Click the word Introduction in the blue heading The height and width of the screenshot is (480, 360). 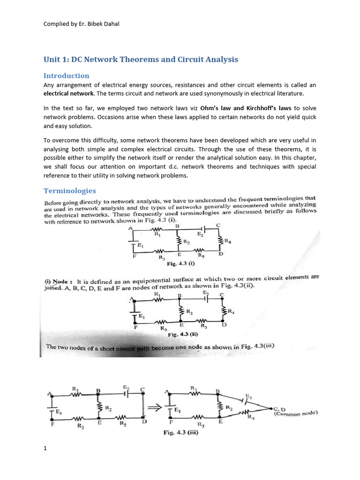(x=66, y=75)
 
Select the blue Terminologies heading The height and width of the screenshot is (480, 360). (x=70, y=191)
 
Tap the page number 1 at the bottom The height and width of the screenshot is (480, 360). (x=45, y=449)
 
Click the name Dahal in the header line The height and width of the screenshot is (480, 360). (x=110, y=24)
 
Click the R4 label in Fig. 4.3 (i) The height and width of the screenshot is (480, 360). (x=228, y=241)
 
